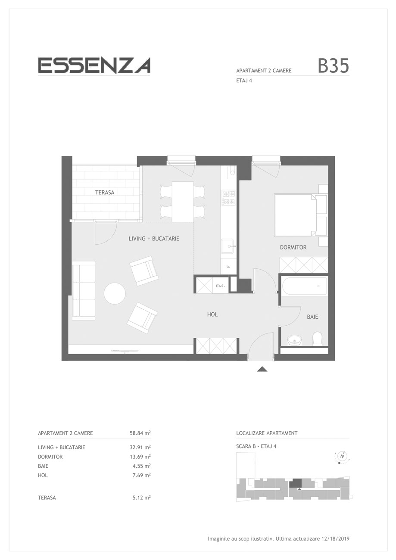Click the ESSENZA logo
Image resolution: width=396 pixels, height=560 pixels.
(x=94, y=65)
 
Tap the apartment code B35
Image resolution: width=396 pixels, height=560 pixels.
(x=333, y=66)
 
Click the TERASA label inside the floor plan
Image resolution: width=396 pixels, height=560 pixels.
(x=105, y=193)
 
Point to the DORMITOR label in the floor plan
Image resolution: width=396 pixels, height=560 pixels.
(x=293, y=248)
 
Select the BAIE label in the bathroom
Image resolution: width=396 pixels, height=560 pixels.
(x=312, y=317)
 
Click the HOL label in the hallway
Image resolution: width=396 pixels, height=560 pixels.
(x=212, y=314)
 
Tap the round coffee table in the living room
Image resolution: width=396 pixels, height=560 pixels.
(x=115, y=293)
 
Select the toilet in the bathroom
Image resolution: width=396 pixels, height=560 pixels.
(x=317, y=338)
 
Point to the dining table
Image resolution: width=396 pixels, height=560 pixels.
(x=183, y=202)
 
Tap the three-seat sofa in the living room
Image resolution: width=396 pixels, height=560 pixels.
(x=84, y=290)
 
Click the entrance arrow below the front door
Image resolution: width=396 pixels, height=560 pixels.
(x=262, y=369)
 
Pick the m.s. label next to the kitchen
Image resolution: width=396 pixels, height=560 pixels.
(x=220, y=286)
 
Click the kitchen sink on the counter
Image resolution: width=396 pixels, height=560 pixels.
(x=229, y=246)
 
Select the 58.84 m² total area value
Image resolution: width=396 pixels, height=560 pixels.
(x=140, y=433)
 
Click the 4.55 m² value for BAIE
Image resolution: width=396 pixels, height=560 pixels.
(x=141, y=466)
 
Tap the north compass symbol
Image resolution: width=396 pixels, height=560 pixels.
(x=342, y=456)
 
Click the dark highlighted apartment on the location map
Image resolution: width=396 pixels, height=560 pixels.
(x=296, y=483)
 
